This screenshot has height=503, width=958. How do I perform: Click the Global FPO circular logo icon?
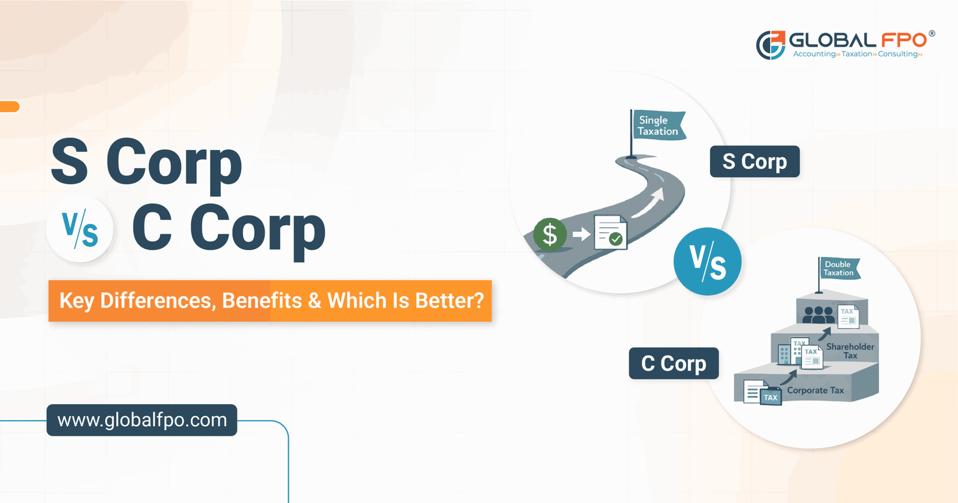tap(771, 45)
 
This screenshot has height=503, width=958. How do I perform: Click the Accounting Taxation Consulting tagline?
tap(857, 54)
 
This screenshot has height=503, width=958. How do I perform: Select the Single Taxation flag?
tap(658, 126)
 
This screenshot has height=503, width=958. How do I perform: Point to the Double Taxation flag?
tap(838, 268)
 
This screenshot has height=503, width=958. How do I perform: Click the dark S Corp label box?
tap(754, 162)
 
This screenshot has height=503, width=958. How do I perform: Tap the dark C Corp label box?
tap(674, 363)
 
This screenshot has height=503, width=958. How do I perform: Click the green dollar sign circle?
tap(550, 234)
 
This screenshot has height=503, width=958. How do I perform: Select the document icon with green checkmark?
tap(610, 233)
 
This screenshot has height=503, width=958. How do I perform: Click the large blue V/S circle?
tap(707, 262)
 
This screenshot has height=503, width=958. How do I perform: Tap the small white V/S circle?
tap(80, 230)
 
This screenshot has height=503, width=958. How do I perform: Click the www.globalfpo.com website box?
tap(142, 420)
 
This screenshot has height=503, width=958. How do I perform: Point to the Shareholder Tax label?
tap(850, 351)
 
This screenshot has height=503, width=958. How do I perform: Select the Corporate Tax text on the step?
tap(815, 390)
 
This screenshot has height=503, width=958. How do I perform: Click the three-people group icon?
tap(818, 314)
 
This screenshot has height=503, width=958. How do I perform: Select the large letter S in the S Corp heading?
tap(69, 162)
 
